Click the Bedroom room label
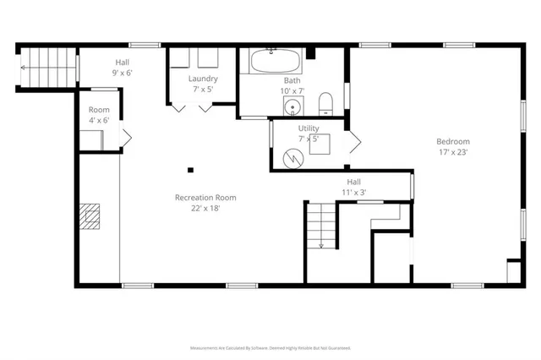tap(452, 141)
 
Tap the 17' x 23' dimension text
tap(452, 152)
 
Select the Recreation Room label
tap(205, 197)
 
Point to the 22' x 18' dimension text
tap(205, 208)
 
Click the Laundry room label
tap(203, 79)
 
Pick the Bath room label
tap(292, 79)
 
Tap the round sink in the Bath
tap(292, 106)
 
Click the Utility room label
tap(308, 128)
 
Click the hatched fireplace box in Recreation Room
tap(89, 216)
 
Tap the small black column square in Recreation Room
tap(190, 167)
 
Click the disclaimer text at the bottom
tap(270, 347)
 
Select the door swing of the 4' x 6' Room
tap(127, 138)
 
